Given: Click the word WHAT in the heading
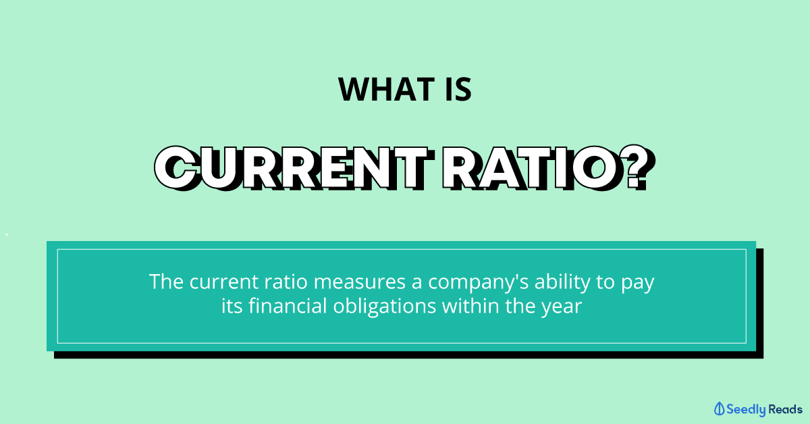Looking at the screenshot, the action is [x=386, y=89].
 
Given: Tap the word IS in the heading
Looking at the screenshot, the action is [x=458, y=89].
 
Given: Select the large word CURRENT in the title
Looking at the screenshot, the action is [x=294, y=168].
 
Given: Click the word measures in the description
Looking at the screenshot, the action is [x=359, y=282].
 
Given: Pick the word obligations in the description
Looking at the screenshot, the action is [x=385, y=307].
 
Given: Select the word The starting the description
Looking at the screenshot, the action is [x=166, y=282].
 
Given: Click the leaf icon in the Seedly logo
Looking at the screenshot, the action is [x=720, y=408].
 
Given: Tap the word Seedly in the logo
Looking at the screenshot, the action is [x=746, y=410].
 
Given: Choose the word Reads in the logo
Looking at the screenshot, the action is [x=785, y=409].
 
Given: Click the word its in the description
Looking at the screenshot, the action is [x=232, y=305].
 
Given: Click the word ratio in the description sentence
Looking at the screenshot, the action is [x=286, y=282].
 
